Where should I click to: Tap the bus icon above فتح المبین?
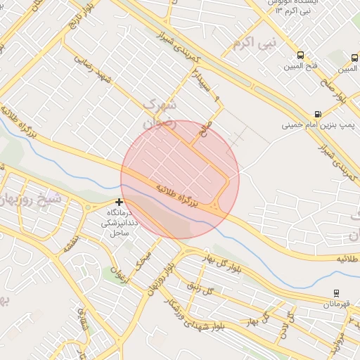point(301,56)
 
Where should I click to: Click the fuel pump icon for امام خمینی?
point(319,114)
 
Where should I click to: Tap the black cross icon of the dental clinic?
point(119,202)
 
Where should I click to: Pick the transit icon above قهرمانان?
point(336,293)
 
